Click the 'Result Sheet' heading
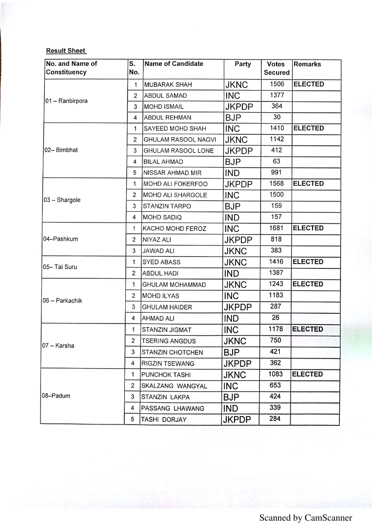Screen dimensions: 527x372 (66, 51)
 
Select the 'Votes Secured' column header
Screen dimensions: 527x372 (276, 68)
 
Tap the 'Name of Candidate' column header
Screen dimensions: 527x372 (174, 64)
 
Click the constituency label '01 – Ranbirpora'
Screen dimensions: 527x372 (66, 101)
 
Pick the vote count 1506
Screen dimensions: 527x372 (276, 84)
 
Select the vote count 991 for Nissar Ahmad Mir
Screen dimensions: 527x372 (276, 172)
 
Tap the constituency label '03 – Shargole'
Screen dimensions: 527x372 (62, 200)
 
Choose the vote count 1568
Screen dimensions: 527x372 (276, 183)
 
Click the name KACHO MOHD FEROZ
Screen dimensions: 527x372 (167, 228)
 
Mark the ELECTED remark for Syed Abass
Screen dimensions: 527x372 (308, 262)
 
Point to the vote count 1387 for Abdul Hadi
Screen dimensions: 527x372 (276, 273)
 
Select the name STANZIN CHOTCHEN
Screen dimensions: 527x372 (165, 352)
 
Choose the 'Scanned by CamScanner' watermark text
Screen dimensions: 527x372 (305, 518)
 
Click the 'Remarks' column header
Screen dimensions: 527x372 (307, 64)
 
